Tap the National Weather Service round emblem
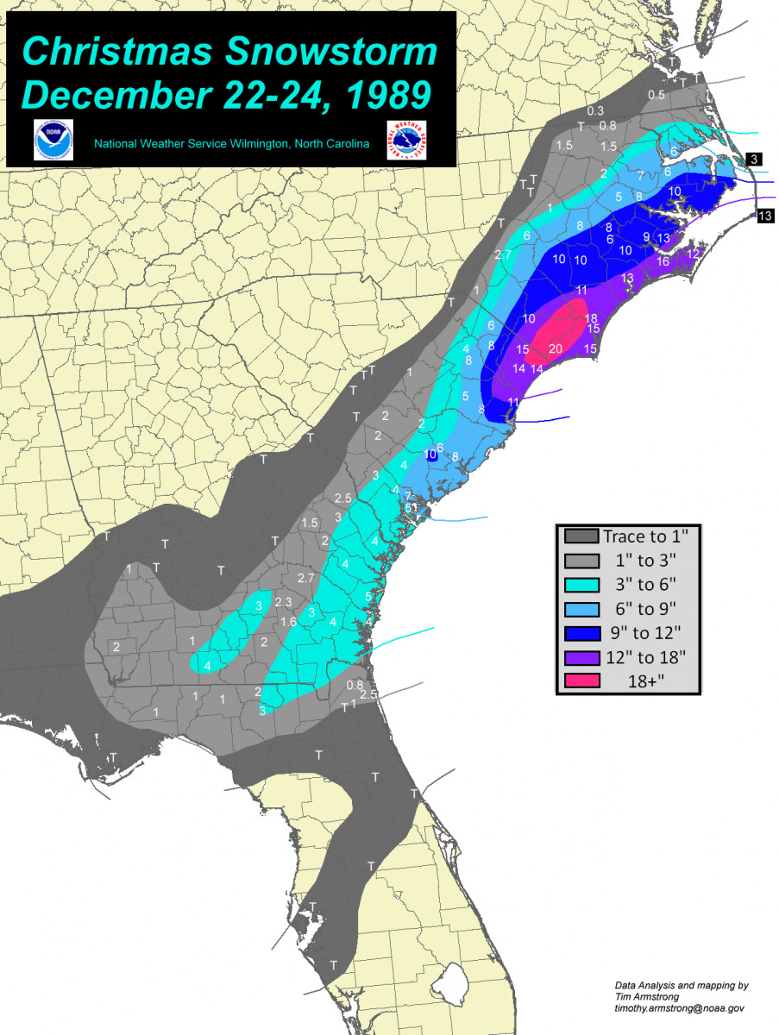coord(407,140)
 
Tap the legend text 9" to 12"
coord(644,632)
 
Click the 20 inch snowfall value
coord(556,348)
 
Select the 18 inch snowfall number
coord(591,318)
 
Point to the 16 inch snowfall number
coord(663,260)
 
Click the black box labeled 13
coord(764,216)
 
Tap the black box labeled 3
coord(752,160)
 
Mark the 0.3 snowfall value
coord(594,110)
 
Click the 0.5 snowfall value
coord(656,95)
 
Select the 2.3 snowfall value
coord(284,601)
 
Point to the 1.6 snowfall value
coord(288,622)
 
